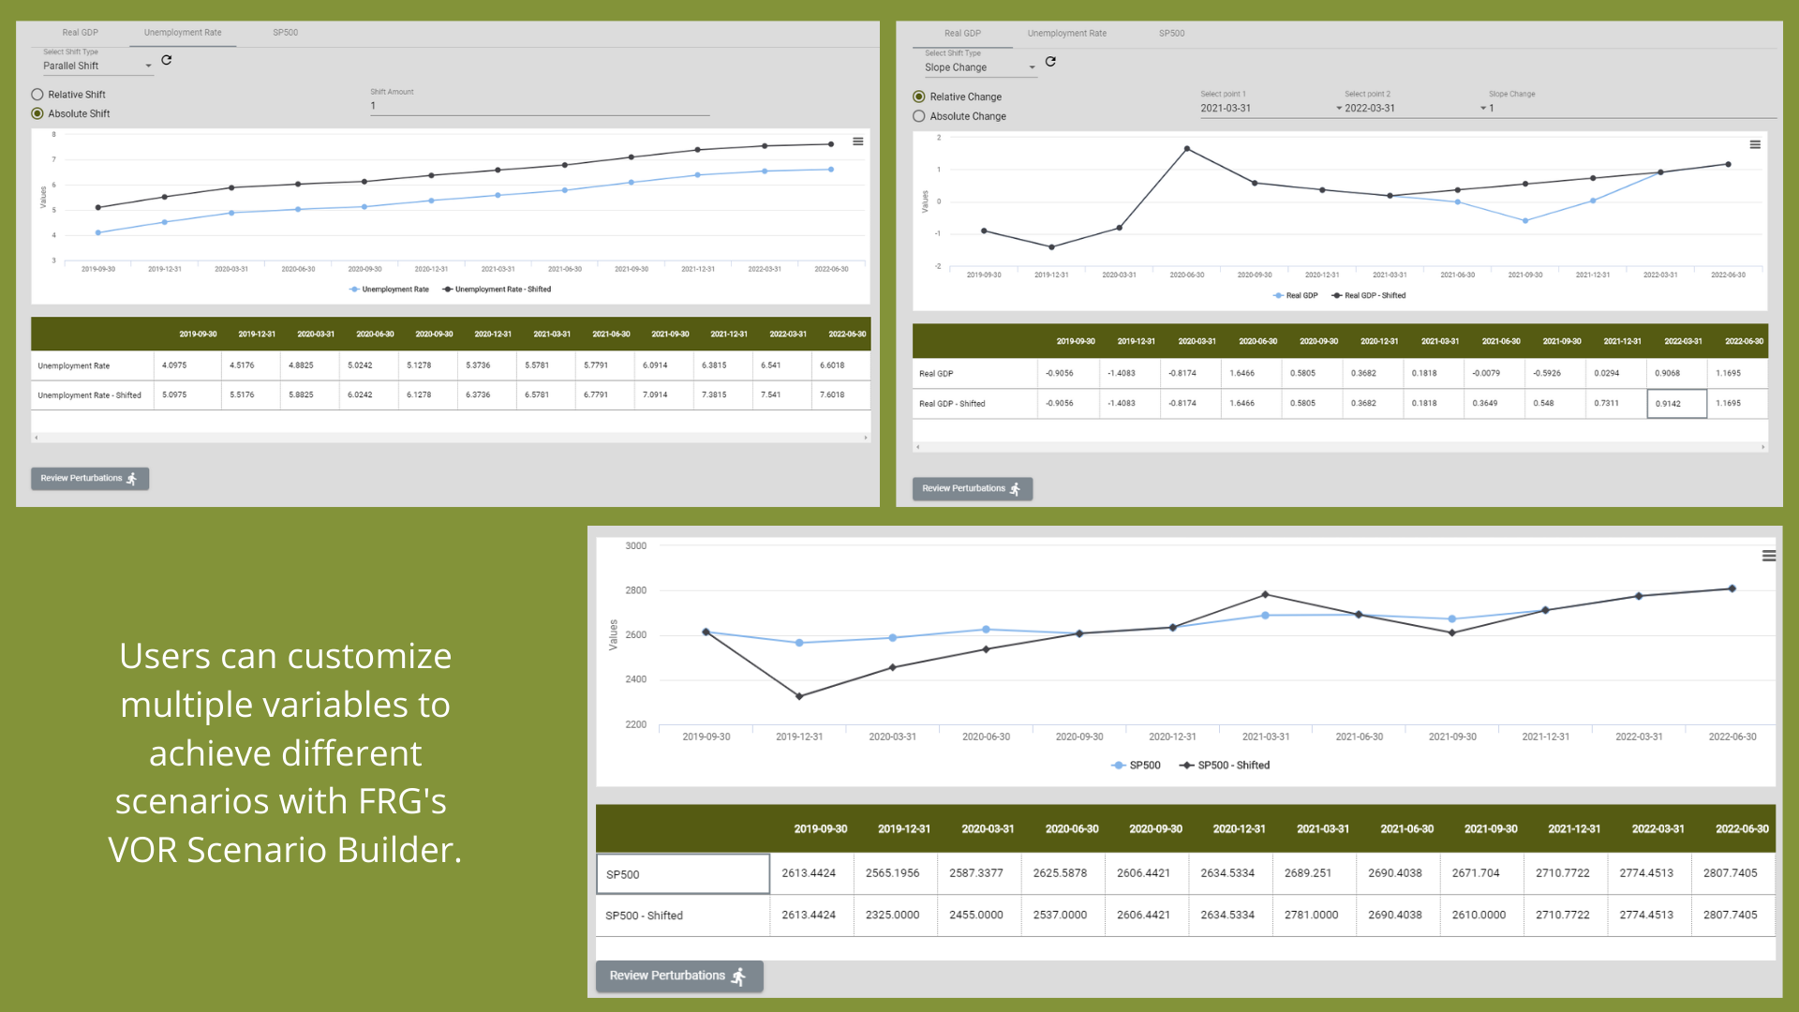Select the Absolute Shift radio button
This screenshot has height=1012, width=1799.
37,114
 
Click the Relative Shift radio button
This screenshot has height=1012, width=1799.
37,95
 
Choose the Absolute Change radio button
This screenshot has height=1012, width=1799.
919,116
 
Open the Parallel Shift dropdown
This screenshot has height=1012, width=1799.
97,67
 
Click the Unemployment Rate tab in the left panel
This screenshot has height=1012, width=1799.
183,33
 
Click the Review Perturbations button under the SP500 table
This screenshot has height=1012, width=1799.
678,975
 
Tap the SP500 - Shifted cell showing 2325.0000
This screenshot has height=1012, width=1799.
892,915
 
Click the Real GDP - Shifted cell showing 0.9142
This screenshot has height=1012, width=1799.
1675,404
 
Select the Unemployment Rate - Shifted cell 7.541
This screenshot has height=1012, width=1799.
771,395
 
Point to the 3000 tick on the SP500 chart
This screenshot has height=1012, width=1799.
635,546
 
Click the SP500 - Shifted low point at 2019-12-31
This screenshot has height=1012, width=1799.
799,696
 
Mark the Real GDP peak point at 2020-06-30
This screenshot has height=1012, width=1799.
1187,149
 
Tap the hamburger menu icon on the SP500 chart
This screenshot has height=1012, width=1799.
1768,557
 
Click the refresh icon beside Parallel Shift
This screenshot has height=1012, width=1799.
167,60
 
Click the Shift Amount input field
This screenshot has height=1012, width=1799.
539,107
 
